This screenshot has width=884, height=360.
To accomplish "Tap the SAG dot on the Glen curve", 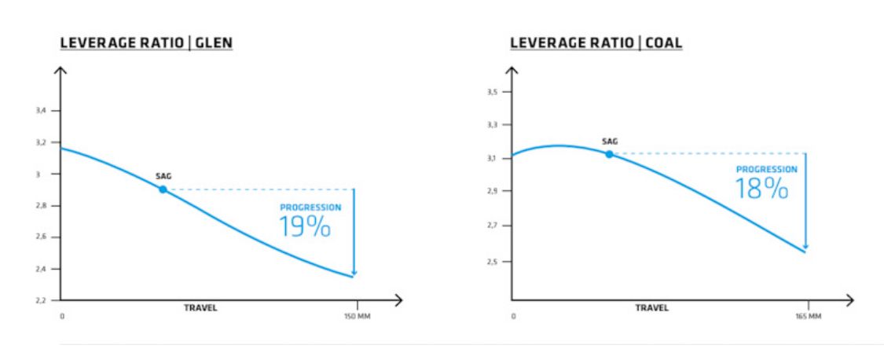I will pos(163,189).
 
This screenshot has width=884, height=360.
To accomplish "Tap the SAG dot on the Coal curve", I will pos(609,154).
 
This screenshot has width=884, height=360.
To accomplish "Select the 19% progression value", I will pos(305,226).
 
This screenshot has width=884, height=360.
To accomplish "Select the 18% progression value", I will pos(761,188).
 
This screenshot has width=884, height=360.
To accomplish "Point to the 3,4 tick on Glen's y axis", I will pos(43,112).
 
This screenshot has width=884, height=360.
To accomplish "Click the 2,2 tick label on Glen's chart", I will pos(43,300).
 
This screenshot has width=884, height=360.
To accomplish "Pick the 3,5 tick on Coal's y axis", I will pos(493,92).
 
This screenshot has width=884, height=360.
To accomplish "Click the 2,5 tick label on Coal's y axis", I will pos(493,261).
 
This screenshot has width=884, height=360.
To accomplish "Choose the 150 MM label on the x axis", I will pos(358,318).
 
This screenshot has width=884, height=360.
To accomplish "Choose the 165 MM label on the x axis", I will pos(809,318).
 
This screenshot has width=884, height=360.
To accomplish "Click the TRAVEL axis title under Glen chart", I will pos(200,308).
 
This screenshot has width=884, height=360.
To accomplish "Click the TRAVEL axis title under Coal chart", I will pos(652,308).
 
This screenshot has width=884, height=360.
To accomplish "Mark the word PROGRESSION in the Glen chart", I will pos(311,208).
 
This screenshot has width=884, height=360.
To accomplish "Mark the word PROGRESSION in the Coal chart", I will pos(766,169).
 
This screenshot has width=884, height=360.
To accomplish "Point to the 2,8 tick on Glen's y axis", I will pos(43,206).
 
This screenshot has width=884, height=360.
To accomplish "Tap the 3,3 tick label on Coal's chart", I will pos(493,125).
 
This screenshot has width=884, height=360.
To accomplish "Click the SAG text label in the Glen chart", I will pos(163,177).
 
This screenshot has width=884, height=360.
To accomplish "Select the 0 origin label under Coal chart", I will pos(512,318).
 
